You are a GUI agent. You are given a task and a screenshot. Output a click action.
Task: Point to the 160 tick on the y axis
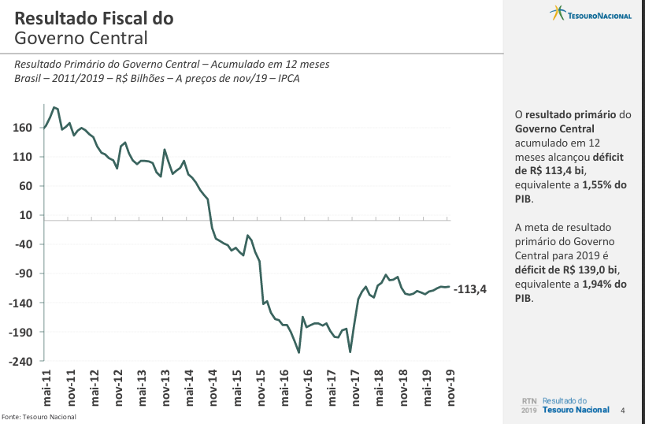22,128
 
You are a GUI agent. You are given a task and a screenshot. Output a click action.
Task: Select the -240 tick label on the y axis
20,361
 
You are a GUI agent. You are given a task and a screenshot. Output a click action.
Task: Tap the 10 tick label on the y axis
25,215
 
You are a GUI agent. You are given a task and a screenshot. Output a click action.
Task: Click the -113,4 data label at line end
470,289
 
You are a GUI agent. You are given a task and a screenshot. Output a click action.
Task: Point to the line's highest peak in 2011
54,107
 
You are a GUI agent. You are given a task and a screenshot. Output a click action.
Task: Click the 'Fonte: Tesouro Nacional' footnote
39,417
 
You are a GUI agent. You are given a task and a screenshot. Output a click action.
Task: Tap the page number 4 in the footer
623,410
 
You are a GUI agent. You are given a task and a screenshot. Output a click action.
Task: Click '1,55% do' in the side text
604,184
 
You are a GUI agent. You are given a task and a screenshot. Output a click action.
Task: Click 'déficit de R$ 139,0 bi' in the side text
571,270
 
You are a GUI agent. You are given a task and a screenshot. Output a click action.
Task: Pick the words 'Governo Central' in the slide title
81,38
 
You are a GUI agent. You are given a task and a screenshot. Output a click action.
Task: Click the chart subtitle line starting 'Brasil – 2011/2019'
157,78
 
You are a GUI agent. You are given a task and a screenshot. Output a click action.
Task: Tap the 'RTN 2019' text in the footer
528,405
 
